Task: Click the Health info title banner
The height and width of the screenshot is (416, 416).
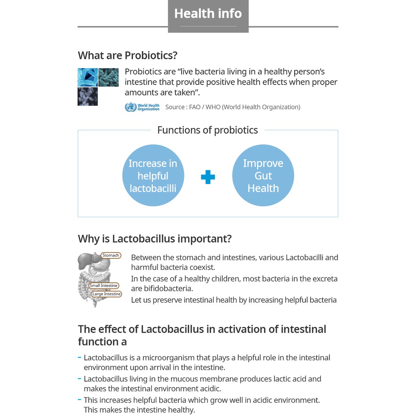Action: (208, 14)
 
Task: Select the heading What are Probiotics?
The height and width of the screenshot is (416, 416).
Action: (128, 55)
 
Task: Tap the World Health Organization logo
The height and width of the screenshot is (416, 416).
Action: (142, 107)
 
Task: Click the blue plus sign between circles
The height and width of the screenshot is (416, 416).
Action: (208, 177)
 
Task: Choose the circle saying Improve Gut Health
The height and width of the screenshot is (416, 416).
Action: (263, 175)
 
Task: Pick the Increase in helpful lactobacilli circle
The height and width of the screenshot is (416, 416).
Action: (153, 175)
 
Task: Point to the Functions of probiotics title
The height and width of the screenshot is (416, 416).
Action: (207, 130)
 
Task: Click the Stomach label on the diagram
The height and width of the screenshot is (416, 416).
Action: (110, 256)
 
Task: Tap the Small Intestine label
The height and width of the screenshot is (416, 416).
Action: (104, 286)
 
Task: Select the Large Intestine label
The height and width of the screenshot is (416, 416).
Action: (106, 294)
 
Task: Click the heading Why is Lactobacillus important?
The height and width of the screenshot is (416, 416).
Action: (154, 238)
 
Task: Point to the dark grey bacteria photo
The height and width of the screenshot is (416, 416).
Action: (87, 97)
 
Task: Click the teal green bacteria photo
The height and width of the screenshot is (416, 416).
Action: (108, 77)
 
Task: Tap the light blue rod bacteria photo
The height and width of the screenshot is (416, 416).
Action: (87, 77)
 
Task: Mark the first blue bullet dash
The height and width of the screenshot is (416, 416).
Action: (79, 357)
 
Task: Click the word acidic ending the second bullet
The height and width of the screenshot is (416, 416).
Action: (210, 389)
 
